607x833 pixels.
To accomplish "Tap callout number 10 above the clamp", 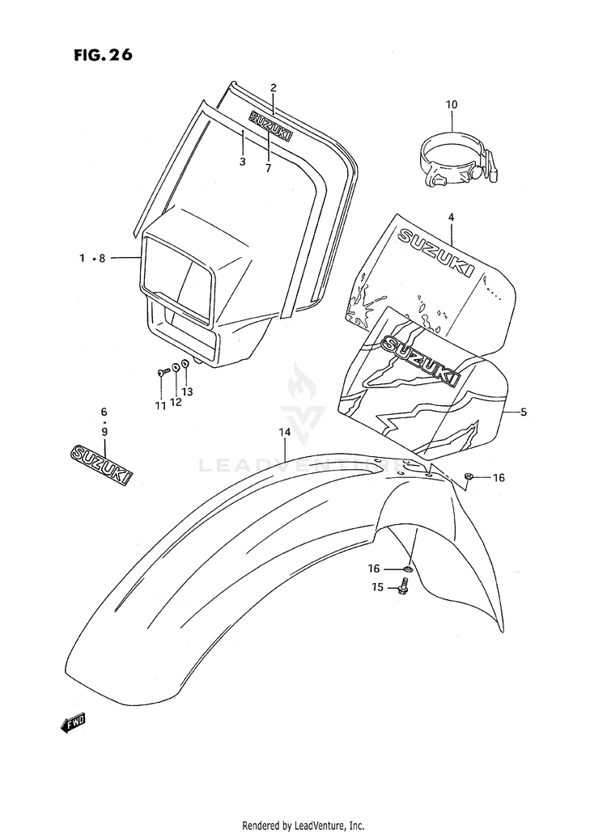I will click(x=452, y=104).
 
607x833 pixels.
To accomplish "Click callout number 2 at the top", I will click(x=274, y=87).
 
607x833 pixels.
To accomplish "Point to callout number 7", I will click(x=267, y=168).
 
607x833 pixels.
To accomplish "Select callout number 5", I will click(x=524, y=412).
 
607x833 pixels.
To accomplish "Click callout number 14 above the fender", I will click(x=284, y=433).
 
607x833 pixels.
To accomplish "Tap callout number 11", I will click(x=160, y=404).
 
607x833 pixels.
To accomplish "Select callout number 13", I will click(x=188, y=392).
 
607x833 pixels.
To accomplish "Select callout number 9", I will click(x=104, y=432).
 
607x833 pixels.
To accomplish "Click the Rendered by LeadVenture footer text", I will click(x=303, y=825).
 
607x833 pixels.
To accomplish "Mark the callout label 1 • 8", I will click(x=92, y=258).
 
